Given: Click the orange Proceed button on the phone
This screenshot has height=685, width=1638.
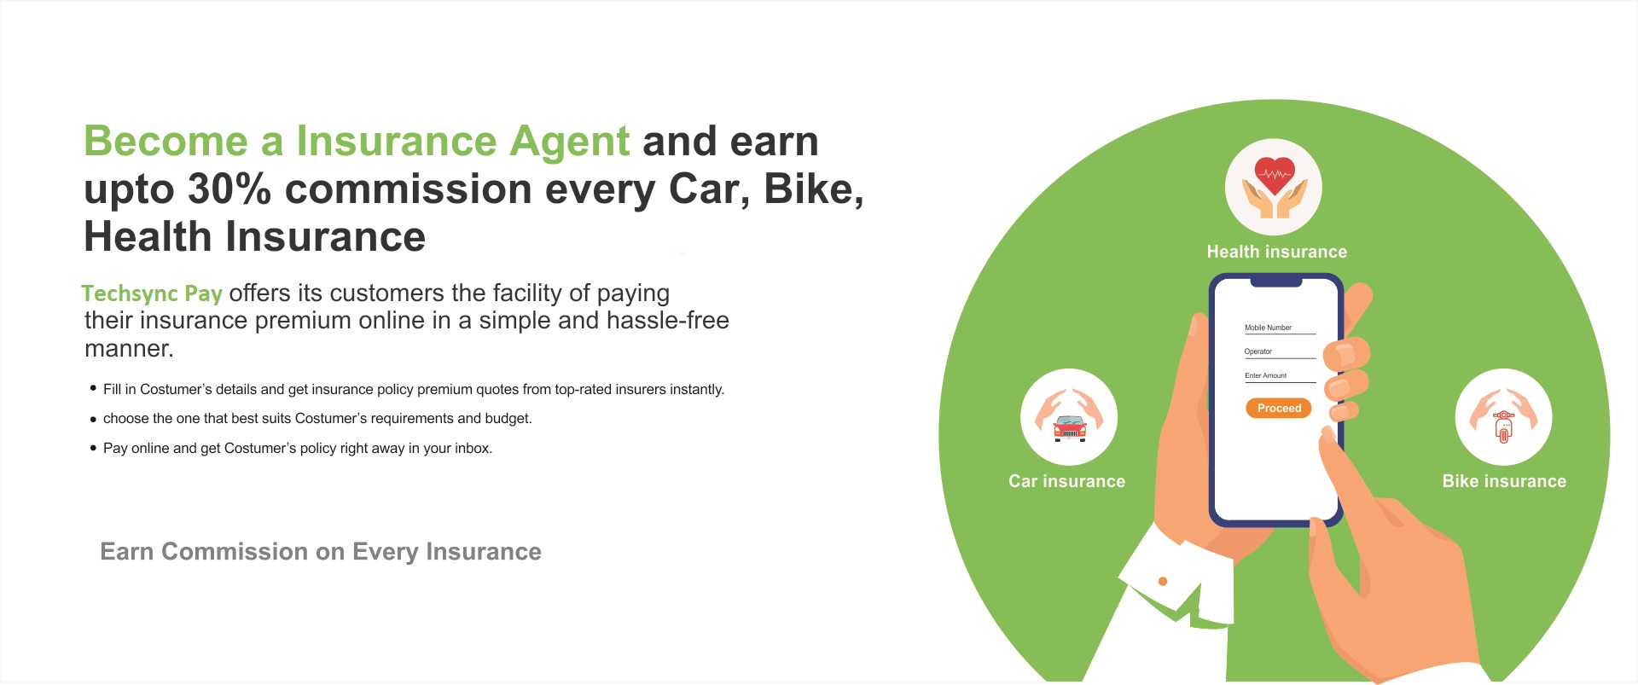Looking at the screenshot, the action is pos(1278,409).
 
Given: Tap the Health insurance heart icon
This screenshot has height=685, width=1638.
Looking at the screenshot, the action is pos(1274,187).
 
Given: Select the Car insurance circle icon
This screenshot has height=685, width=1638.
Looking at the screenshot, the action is pos(1069,417).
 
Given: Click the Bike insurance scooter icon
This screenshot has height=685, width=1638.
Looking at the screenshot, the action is pos(1503,417).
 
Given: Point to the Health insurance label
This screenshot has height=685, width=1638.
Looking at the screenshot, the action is pos(1276,252).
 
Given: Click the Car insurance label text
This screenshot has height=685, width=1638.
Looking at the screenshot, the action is pos(1066,481).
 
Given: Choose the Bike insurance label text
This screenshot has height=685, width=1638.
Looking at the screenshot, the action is pos(1504,481).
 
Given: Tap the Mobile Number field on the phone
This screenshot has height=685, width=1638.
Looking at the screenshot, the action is pos(1280,328).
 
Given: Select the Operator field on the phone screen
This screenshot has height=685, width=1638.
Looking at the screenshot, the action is pos(1280,352).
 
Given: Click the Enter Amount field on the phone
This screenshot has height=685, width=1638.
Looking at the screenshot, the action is pos(1280,376).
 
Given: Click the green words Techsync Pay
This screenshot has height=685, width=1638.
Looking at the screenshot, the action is pos(152,293).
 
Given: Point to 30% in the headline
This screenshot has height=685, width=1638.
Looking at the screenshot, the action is pos(229,189).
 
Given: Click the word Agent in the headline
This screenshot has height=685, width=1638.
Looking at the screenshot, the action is pos(569,142).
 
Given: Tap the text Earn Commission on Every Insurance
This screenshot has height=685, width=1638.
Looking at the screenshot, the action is pos(321,552).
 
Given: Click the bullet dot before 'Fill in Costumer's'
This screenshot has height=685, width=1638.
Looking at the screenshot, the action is pos(93,388).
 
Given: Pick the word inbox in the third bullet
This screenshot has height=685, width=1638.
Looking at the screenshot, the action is pos(473,449).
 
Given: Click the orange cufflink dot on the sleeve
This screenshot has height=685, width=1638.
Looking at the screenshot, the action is pos(1162,582).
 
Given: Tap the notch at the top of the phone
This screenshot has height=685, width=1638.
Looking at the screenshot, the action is pos(1276,282).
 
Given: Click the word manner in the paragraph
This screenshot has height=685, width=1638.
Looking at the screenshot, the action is pos(128,349).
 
